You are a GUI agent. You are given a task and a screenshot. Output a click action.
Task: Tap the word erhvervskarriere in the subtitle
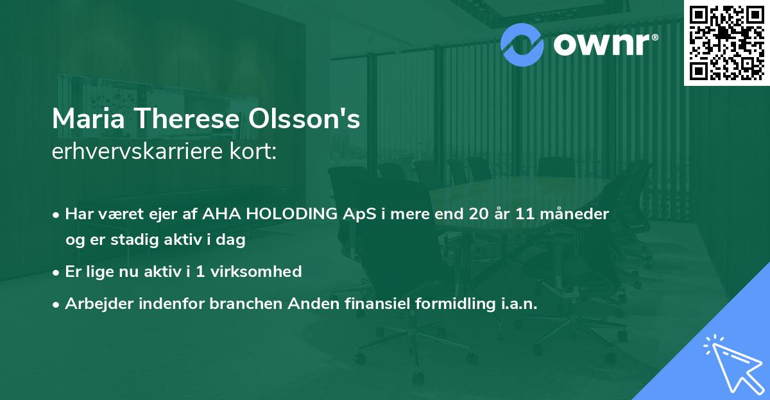(x=141, y=153)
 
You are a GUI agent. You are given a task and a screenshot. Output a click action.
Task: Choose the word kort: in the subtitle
(x=255, y=152)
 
